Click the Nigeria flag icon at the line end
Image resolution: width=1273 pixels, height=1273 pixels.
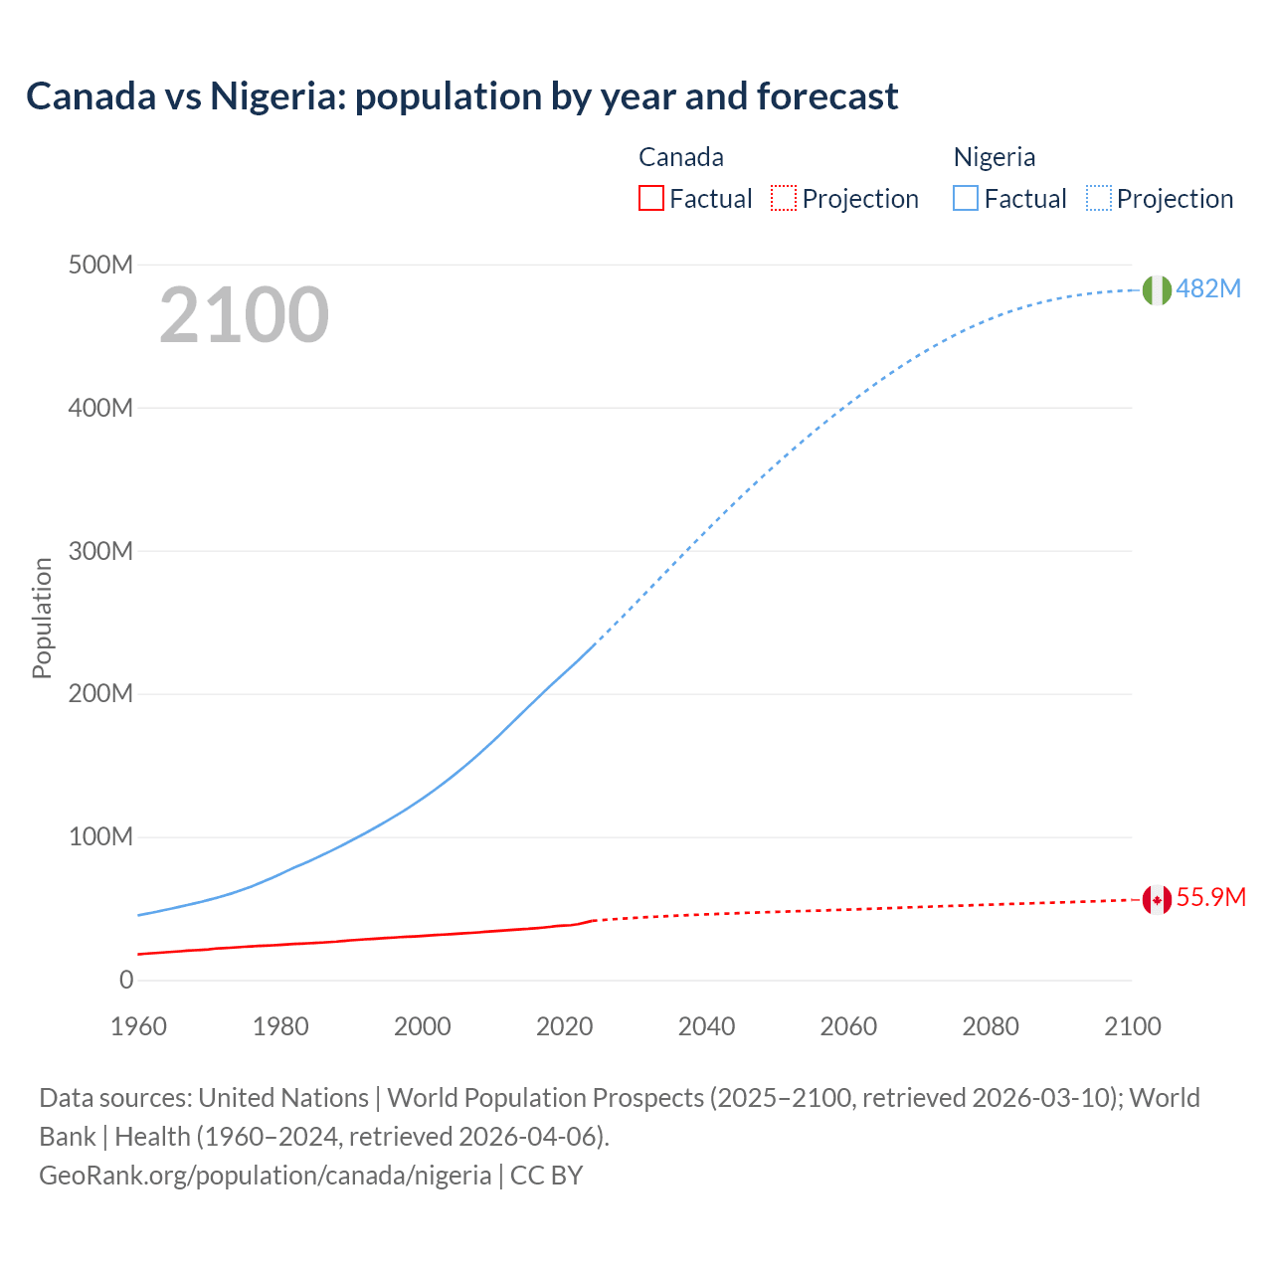click(1156, 289)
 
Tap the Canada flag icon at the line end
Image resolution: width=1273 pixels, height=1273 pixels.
click(1156, 900)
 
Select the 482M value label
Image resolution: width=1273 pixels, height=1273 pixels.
click(1208, 288)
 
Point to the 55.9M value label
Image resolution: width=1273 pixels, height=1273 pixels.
click(1210, 897)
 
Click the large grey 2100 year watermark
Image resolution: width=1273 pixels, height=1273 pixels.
click(244, 314)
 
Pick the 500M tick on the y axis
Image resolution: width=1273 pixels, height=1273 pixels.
click(100, 265)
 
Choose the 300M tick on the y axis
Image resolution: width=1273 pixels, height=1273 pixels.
click(100, 551)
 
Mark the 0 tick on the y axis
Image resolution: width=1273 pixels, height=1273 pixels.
click(126, 980)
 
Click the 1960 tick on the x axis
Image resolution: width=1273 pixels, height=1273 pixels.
click(138, 1026)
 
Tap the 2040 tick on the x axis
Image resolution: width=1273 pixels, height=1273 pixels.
click(706, 1026)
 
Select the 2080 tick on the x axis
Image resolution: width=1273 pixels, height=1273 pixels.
click(991, 1026)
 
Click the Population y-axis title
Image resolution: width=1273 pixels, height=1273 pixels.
click(42, 618)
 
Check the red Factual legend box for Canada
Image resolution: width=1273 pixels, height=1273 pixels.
click(650, 198)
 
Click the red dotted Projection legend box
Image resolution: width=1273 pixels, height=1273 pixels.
click(784, 198)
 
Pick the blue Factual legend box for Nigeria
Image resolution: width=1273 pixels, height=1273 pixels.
click(966, 198)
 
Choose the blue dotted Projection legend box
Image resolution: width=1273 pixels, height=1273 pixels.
click(1099, 198)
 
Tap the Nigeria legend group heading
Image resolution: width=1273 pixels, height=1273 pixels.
click(994, 157)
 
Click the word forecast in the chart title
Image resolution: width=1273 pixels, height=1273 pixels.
click(827, 96)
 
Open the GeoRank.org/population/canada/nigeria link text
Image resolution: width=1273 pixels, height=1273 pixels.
click(265, 1175)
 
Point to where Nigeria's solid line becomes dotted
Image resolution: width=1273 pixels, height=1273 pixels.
click(594, 644)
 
